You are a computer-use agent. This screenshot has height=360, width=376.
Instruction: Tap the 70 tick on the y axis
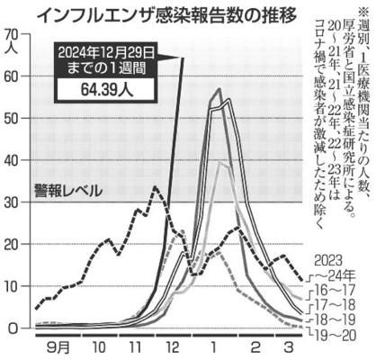[x=13, y=35]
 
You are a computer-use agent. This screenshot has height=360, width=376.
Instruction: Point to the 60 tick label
[x=13, y=76]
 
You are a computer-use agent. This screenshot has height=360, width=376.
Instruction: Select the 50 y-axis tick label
[x=13, y=118]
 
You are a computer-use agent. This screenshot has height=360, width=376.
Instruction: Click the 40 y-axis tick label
[x=13, y=160]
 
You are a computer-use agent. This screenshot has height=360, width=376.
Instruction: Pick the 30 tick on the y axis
[x=13, y=202]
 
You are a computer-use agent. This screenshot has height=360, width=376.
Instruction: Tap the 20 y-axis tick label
[x=13, y=244]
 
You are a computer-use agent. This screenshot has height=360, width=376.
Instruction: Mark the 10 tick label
[x=13, y=286]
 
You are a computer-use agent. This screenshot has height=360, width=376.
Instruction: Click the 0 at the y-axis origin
[x=14, y=328]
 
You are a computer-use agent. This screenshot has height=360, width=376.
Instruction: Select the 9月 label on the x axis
[x=58, y=348]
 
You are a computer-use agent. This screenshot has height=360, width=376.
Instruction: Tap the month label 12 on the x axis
[x=174, y=348]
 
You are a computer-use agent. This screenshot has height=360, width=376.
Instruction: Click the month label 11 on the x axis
[x=135, y=348]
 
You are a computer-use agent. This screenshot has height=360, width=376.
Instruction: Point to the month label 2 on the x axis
[x=255, y=348]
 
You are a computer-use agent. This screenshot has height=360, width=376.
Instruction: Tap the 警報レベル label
[x=68, y=191]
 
